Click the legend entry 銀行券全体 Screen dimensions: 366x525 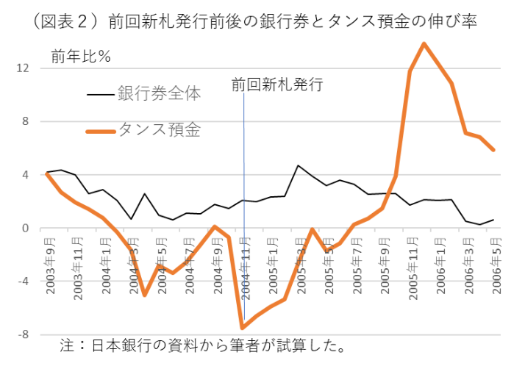[x=159, y=94]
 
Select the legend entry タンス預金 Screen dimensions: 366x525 [x=159, y=131]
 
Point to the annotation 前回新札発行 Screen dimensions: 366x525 [x=277, y=84]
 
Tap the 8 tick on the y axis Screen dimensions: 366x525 [x=25, y=121]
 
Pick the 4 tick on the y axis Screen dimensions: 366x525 [x=25, y=175]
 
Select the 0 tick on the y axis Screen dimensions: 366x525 [x=25, y=228]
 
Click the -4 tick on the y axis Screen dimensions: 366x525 [x=23, y=281]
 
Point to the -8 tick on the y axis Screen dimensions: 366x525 [x=23, y=334]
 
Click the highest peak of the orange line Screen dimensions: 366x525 [x=424, y=43]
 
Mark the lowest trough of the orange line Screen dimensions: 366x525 [x=242, y=328]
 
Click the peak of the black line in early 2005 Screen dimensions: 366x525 [x=298, y=165]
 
